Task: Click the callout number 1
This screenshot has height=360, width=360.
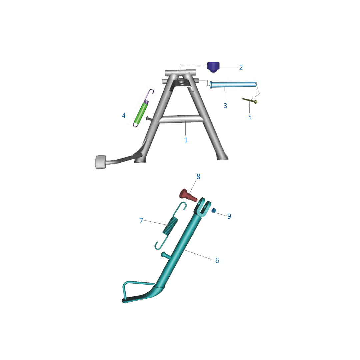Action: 186,140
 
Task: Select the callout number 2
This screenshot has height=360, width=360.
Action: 241,67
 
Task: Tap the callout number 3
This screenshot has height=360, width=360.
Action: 225,106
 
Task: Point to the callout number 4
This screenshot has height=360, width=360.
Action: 124,116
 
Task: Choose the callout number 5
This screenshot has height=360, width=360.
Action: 250,117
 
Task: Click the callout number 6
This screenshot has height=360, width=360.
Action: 217,260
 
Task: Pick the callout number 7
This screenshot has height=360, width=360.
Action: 141,221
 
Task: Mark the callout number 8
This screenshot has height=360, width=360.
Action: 198,177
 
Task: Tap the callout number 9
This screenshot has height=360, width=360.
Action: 229,216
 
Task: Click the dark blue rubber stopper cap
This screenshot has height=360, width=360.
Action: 213,67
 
